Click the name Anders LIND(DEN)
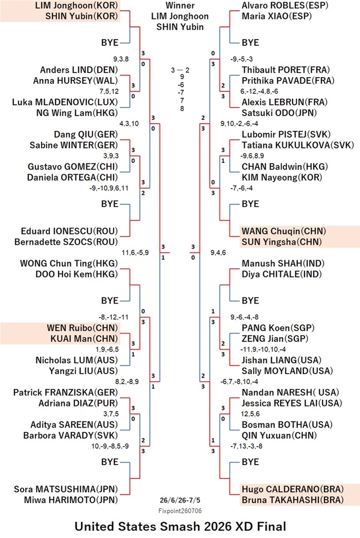(x=79, y=70)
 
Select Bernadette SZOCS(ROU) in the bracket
(x=66, y=242)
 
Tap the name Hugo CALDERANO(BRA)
(x=293, y=489)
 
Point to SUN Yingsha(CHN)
(x=282, y=242)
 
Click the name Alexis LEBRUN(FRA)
(x=284, y=102)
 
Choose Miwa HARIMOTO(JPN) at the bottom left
(x=71, y=500)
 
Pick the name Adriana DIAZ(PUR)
(x=78, y=403)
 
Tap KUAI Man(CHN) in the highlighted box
(x=84, y=339)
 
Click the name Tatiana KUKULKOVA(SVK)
(x=298, y=145)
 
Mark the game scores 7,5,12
(x=109, y=91)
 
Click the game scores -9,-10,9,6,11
(x=109, y=188)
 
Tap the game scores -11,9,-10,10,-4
(x=263, y=349)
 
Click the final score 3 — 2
(x=180, y=70)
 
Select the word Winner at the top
(x=180, y=6)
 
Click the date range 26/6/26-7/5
(x=179, y=500)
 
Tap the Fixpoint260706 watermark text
(x=180, y=511)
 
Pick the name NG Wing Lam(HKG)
(x=77, y=113)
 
